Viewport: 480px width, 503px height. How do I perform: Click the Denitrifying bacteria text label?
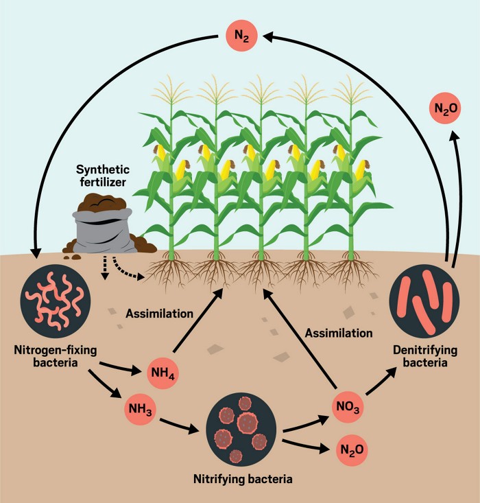[420, 357]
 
